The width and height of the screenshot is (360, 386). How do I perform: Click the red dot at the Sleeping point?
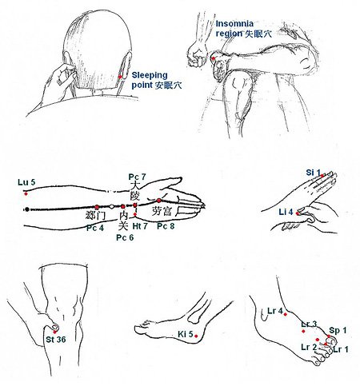pos(120,77)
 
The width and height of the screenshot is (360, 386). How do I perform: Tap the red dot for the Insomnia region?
pos(213,58)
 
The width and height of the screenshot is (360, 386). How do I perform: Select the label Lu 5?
pos(26,182)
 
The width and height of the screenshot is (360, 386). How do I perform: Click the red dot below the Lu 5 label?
pos(26,193)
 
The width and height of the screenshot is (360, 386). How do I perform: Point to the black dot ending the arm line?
pos(27,209)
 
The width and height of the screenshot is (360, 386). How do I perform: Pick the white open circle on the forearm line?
pos(112,206)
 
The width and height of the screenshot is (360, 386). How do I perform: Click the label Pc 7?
pos(137,177)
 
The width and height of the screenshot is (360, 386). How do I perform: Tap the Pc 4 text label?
pos(95,229)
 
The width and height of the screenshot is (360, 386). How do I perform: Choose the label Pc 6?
pos(125,237)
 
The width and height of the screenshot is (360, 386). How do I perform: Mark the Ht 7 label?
pos(140,226)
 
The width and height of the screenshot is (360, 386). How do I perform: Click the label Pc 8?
pos(166,226)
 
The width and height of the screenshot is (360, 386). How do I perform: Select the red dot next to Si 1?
pos(322,176)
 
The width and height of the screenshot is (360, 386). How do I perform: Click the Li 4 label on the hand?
pos(286,212)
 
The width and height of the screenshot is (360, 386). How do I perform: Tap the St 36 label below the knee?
pos(56,340)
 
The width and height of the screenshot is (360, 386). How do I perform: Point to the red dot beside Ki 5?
pos(196,336)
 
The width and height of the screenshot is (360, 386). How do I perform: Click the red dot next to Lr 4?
pos(286,314)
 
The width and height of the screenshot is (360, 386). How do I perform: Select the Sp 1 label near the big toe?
pos(338,331)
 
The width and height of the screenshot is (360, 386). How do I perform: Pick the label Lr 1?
pos(341,349)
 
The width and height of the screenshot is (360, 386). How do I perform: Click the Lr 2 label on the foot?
pos(309,347)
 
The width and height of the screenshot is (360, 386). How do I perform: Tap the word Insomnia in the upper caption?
pos(234,23)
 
